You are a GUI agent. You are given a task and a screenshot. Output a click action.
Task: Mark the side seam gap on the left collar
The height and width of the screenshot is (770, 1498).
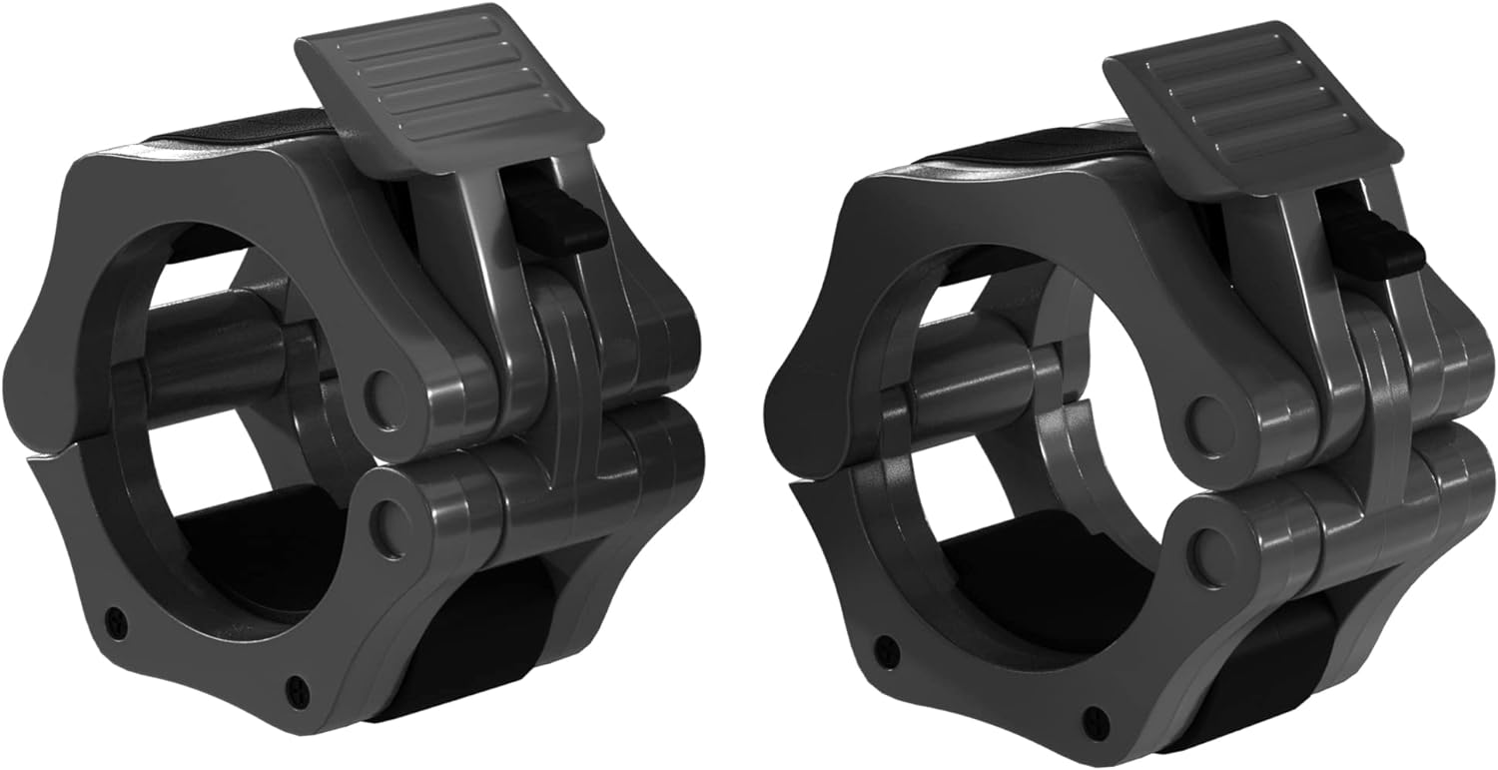(60, 454)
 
